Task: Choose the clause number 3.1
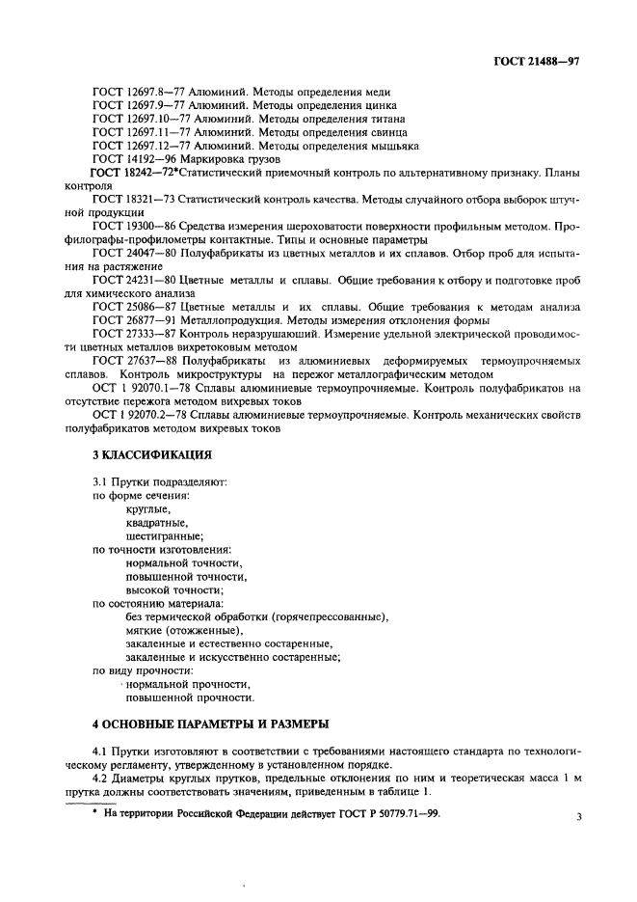click(x=98, y=480)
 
